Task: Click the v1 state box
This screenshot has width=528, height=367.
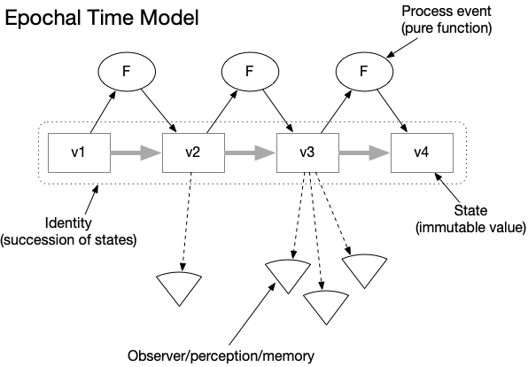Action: click(x=79, y=153)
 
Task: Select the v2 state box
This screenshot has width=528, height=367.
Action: click(x=193, y=153)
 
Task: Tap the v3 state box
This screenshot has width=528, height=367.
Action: click(x=307, y=153)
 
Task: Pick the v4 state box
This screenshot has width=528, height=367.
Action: click(x=422, y=153)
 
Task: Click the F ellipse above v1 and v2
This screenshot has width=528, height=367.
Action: click(x=127, y=72)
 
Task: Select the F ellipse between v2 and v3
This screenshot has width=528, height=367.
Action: click(x=250, y=72)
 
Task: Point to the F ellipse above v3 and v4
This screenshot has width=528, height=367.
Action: click(x=364, y=72)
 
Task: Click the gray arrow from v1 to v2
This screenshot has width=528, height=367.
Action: click(x=136, y=153)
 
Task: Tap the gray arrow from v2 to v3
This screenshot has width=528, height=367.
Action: click(x=251, y=153)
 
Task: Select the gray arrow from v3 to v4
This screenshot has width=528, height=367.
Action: click(x=365, y=153)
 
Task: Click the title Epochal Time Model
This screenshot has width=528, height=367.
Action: click(x=102, y=19)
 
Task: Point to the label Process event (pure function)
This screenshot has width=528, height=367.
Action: click(x=446, y=20)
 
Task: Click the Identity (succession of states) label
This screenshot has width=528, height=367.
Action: click(x=68, y=231)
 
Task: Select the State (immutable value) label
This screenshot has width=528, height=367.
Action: click(x=470, y=219)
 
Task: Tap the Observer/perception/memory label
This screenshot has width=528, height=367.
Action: click(x=221, y=356)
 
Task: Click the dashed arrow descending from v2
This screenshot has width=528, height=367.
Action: click(x=187, y=222)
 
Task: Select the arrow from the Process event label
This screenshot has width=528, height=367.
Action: click(x=402, y=48)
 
